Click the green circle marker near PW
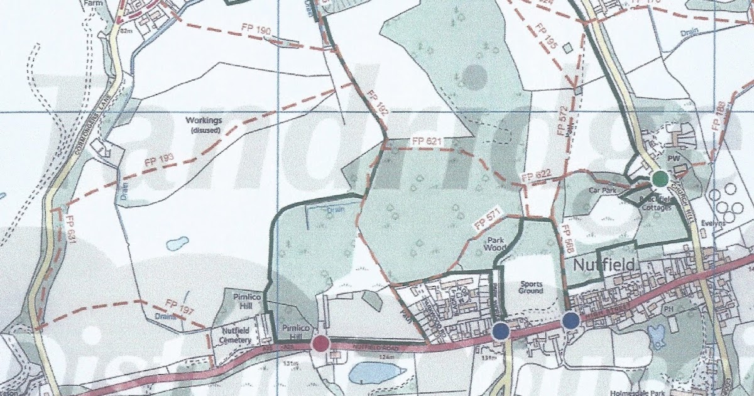[x=659, y=179]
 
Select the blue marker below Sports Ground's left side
[x=501, y=331]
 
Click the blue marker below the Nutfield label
[x=571, y=321]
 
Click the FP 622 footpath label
[x=536, y=176]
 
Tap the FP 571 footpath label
[x=488, y=217]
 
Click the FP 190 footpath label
[x=255, y=30]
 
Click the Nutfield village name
[x=604, y=267]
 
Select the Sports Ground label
[x=531, y=287]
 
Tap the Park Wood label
[x=494, y=244]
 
